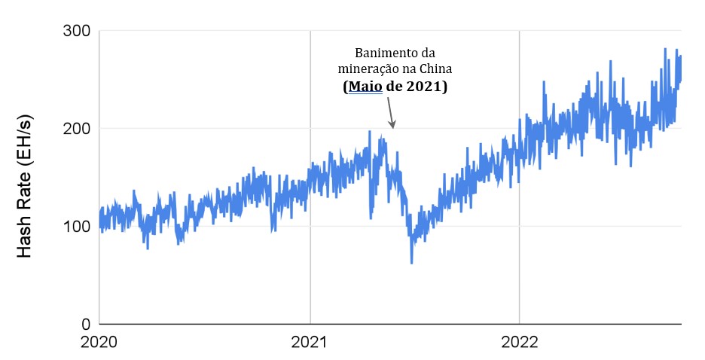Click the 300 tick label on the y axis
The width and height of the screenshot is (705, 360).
click(75, 31)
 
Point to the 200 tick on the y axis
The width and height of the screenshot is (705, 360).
click(75, 128)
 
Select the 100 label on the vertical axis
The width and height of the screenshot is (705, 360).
click(75, 226)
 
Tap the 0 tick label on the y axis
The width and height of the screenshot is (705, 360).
click(85, 324)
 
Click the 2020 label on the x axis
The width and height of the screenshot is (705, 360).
click(99, 343)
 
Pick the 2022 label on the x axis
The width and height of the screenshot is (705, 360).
click(519, 343)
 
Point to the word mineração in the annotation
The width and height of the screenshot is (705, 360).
click(370, 69)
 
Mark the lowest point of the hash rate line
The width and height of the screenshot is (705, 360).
click(411, 263)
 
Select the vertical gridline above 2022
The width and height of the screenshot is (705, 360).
click(519, 75)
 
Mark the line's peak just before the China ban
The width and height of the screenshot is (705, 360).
click(370, 131)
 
